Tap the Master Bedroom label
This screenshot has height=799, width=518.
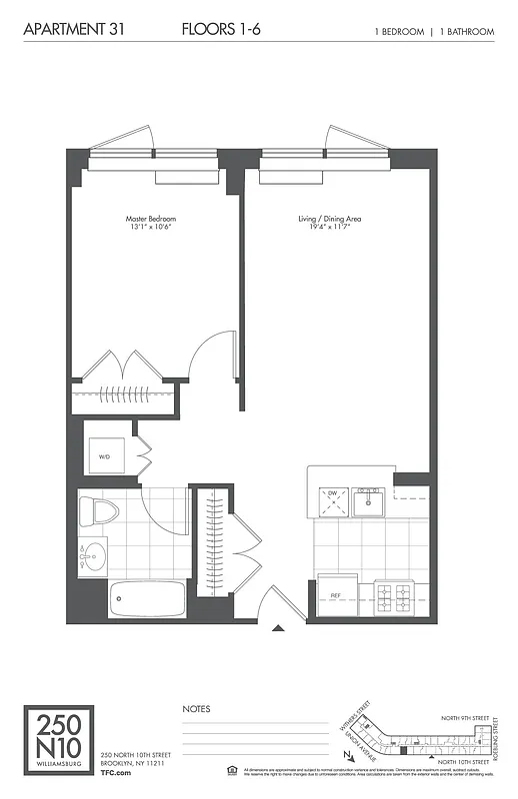pos(151,218)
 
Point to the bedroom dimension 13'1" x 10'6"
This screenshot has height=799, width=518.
pos(151,227)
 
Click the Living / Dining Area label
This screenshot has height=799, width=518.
pos(330,218)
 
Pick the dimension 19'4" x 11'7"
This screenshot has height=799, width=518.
pos(330,227)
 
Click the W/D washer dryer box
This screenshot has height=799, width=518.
pos(106,456)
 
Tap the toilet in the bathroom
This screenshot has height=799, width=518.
pos(99,511)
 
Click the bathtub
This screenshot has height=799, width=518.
pos(147,599)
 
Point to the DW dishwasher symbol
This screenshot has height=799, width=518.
pos(333,500)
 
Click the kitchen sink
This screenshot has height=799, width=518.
pos(369,498)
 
